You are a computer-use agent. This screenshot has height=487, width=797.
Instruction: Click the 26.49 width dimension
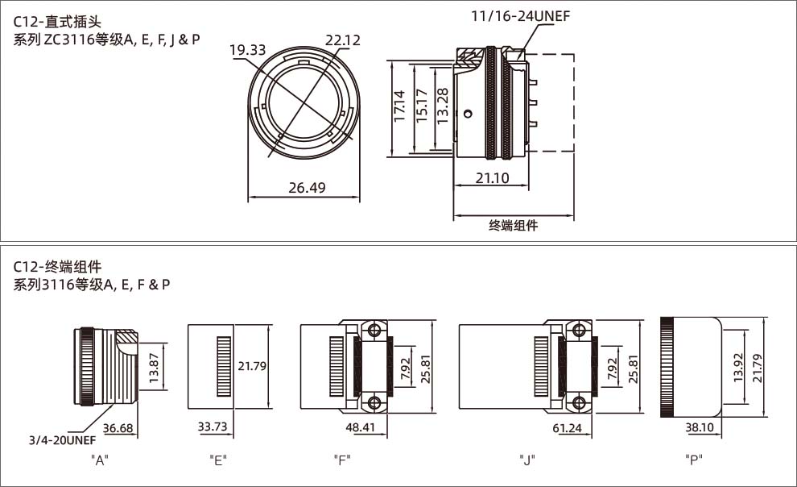click(x=306, y=188)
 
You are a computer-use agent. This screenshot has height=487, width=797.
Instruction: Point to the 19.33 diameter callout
click(x=247, y=50)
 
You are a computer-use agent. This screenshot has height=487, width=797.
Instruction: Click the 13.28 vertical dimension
click(x=442, y=106)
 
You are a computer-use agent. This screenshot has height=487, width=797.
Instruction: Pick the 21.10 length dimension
click(x=491, y=178)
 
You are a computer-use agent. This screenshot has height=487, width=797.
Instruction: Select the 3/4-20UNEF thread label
click(x=64, y=441)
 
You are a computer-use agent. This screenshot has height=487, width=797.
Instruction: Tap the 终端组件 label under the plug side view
click(x=513, y=226)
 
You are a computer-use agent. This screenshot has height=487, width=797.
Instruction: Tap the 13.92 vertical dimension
click(x=739, y=367)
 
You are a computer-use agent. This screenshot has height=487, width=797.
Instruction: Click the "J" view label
click(x=527, y=460)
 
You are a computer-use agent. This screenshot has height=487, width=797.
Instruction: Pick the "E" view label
click(x=217, y=460)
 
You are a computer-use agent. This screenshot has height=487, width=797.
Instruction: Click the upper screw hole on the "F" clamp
click(x=373, y=331)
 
